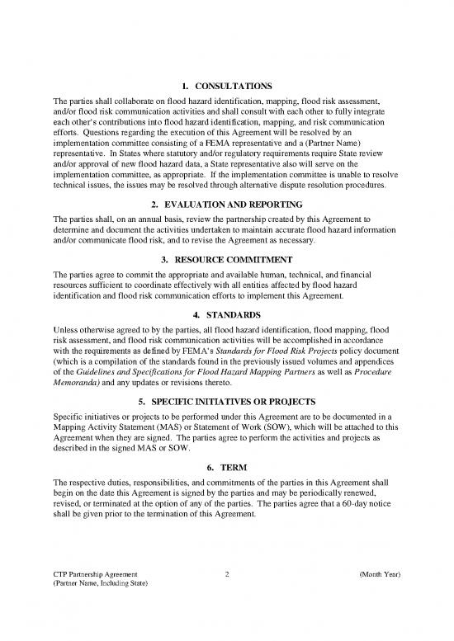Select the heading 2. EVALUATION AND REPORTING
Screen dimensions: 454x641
227,203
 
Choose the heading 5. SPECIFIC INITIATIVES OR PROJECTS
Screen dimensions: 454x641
227,403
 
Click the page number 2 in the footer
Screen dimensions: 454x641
227,574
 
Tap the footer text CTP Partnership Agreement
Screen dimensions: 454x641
91,574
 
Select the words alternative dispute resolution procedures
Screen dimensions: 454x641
316,186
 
